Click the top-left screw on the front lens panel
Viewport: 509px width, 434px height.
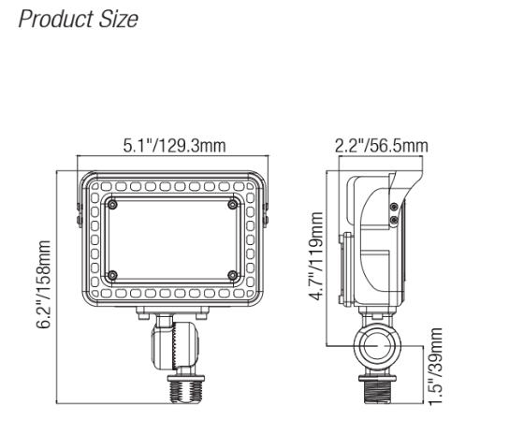click(x=112, y=204)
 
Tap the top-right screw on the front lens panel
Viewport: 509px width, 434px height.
click(x=232, y=204)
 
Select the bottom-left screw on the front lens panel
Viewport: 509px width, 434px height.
click(x=112, y=275)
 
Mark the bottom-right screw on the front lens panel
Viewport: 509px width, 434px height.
click(x=232, y=275)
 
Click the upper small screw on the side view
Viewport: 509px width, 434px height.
click(x=393, y=207)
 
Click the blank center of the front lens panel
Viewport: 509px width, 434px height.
click(x=172, y=239)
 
